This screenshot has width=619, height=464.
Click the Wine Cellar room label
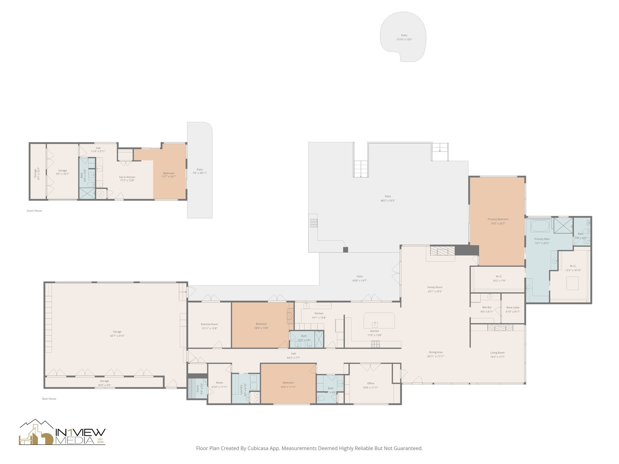(513, 308)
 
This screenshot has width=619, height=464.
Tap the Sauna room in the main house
(197, 388)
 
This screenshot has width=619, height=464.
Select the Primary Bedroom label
(498, 219)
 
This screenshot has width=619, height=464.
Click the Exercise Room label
(209, 324)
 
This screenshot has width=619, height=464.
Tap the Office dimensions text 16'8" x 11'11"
(371, 388)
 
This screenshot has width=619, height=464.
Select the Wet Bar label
(487, 308)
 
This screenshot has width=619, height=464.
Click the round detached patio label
(404, 35)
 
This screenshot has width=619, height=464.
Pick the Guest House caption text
(34, 211)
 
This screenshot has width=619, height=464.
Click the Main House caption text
(49, 399)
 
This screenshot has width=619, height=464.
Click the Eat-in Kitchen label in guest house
(127, 177)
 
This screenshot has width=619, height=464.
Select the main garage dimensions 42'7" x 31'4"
(117, 336)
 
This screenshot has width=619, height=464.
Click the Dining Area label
(436, 352)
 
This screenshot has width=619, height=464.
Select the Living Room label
(497, 353)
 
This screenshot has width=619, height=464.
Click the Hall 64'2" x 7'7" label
(293, 354)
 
